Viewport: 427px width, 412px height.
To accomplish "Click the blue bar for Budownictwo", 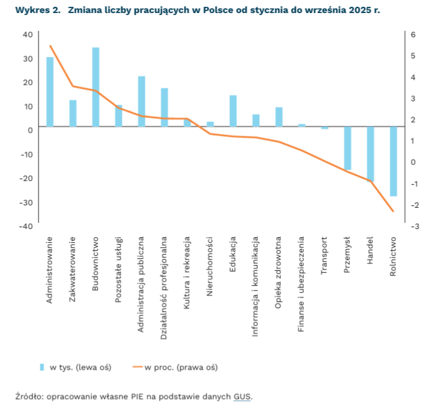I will click(x=96, y=87).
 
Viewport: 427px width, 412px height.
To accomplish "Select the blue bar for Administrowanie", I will click(x=50, y=92).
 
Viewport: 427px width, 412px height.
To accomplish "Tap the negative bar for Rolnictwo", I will click(x=393, y=161).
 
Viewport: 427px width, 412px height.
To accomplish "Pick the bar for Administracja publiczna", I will click(x=142, y=101).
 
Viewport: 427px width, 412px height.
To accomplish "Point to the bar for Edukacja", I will click(x=233, y=111).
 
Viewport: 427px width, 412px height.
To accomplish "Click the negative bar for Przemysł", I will click(x=347, y=148).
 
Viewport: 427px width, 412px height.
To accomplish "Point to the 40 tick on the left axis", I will click(x=27, y=34).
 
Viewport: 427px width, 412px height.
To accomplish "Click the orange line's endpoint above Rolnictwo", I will click(x=393, y=212).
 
